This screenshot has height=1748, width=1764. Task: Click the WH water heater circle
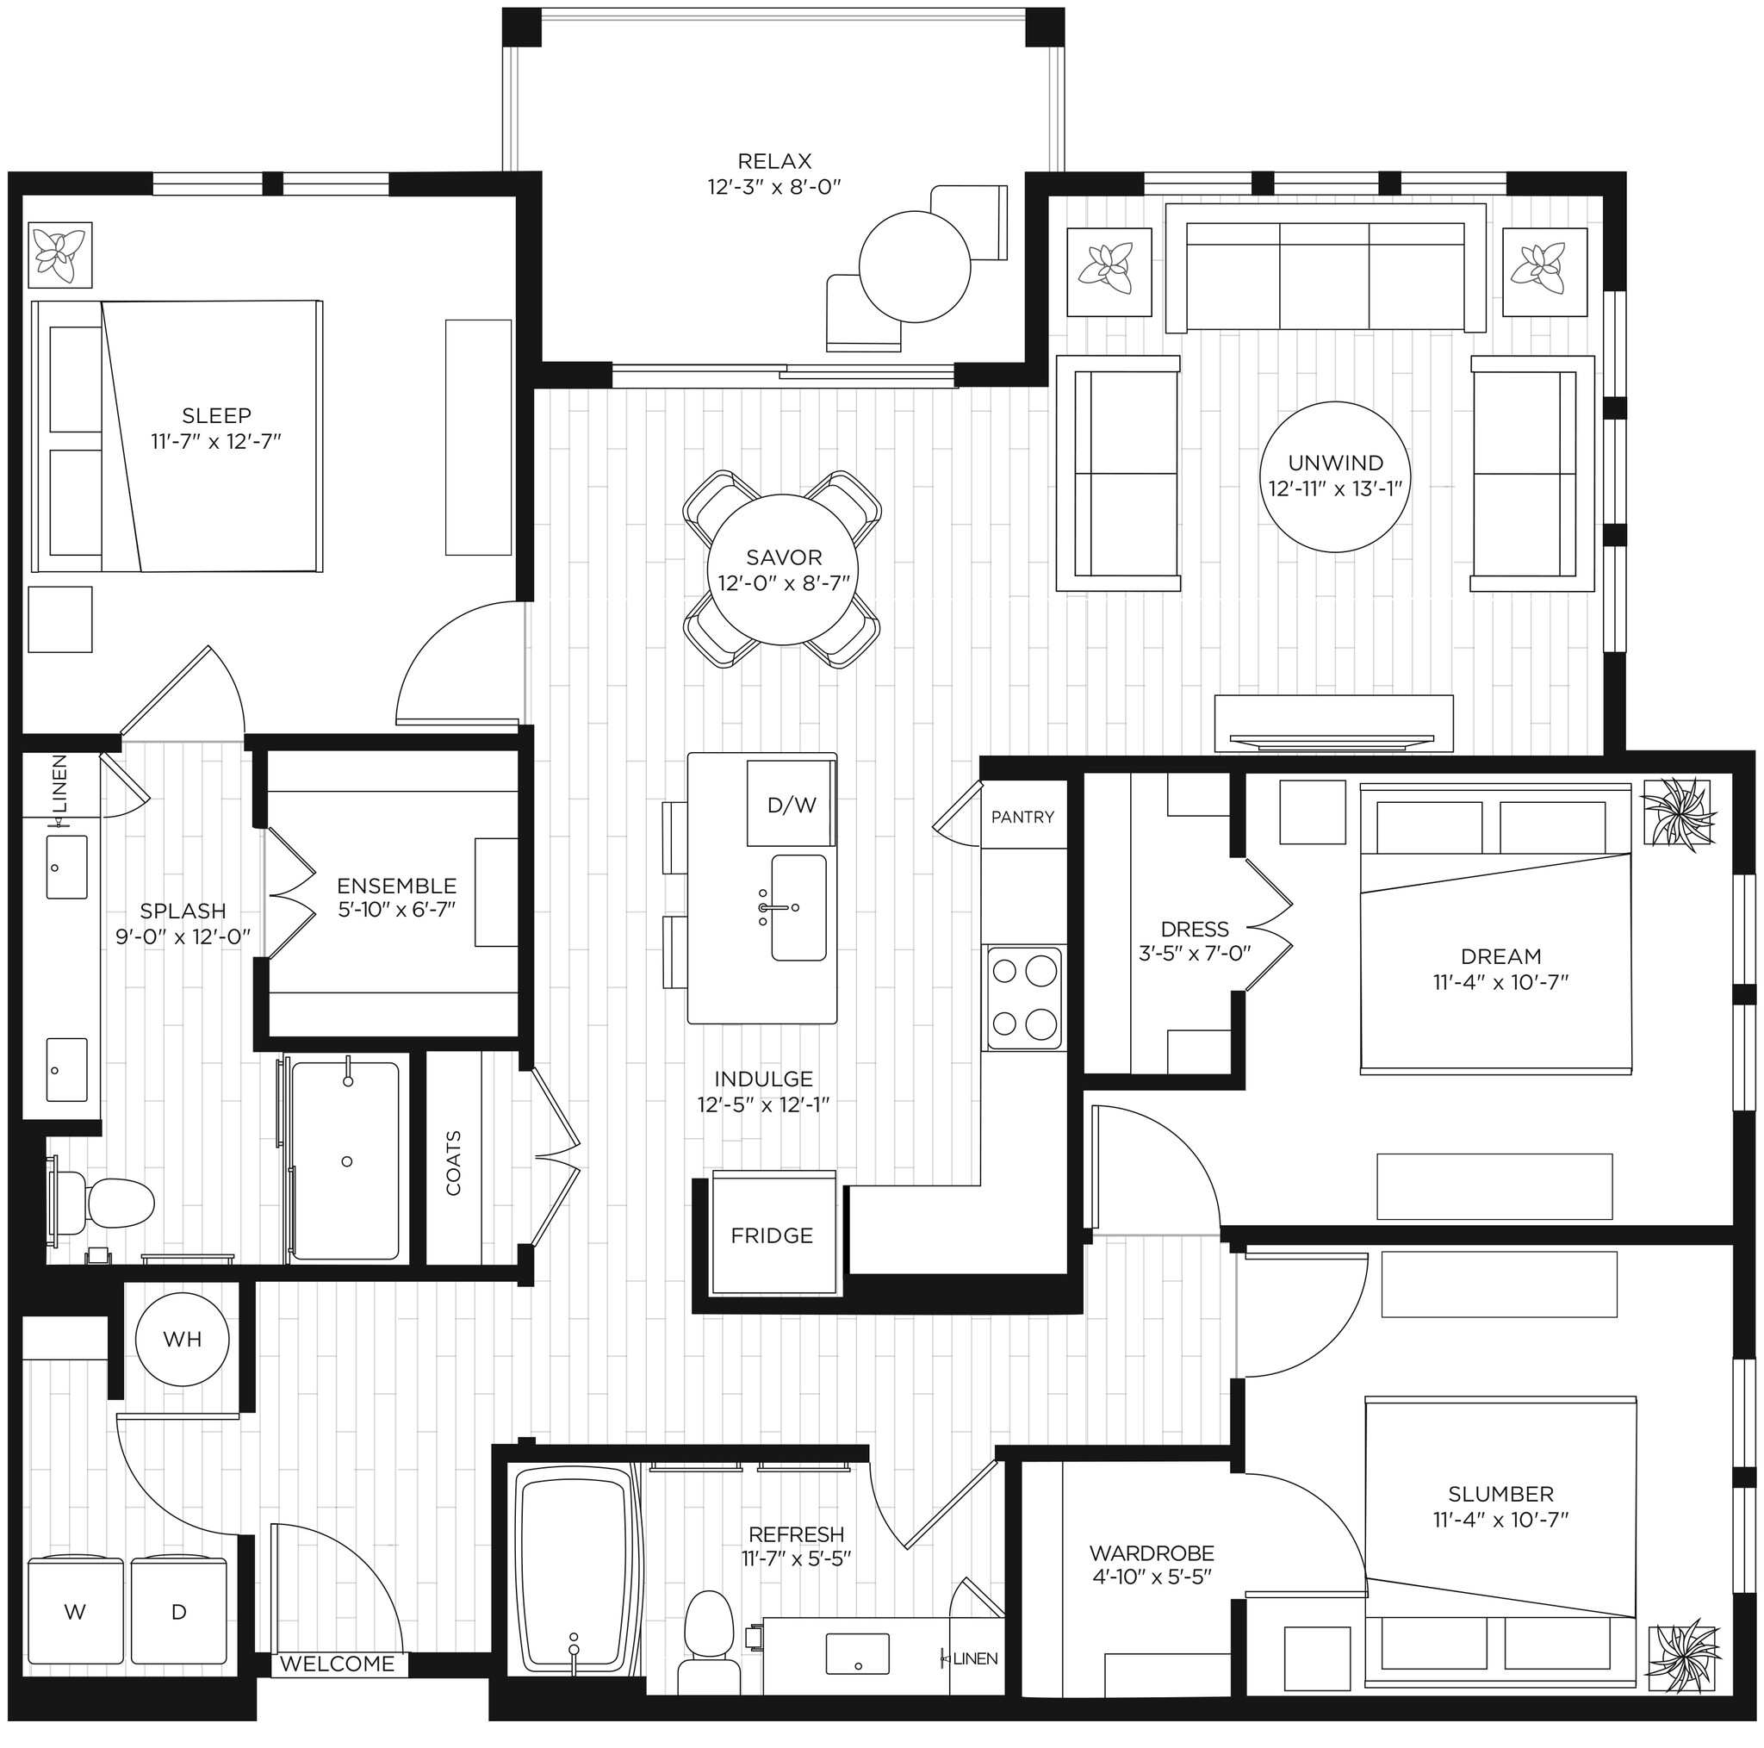tap(182, 1339)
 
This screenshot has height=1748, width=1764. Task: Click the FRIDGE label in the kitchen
tap(772, 1235)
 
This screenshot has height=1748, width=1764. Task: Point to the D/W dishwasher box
tap(791, 805)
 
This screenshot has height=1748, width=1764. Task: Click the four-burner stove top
tap(1023, 998)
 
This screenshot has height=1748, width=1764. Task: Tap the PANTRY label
tap(1022, 818)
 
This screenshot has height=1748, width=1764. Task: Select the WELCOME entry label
tap(337, 1663)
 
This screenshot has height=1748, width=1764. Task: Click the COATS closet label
tap(454, 1162)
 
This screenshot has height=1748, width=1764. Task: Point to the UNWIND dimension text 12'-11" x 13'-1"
tap(1335, 488)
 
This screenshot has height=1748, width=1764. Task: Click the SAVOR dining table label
tap(784, 557)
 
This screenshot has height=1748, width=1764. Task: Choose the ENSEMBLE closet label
tap(396, 885)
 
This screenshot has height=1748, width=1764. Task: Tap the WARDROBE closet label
tap(1152, 1552)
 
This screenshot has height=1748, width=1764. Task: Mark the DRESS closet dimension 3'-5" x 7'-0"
tap(1195, 953)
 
